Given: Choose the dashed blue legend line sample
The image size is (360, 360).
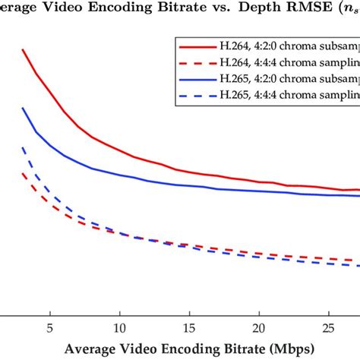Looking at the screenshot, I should (x=194, y=94).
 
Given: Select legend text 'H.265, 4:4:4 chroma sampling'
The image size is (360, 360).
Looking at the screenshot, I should (x=289, y=94).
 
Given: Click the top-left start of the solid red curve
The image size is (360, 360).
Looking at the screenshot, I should (x=23, y=50).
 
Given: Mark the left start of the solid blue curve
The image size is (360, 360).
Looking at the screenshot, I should (x=23, y=108).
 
